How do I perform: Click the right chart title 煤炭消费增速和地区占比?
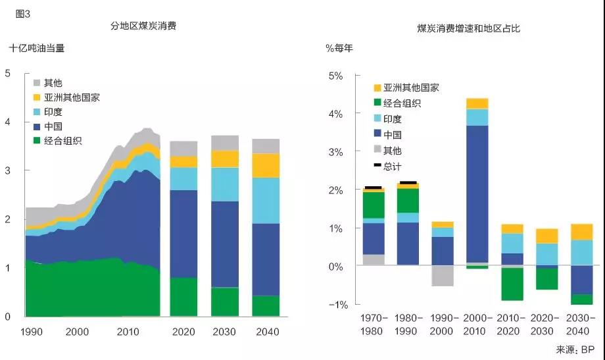click(x=469, y=28)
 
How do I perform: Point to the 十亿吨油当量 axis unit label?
click(x=37, y=48)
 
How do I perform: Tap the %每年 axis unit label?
click(x=340, y=48)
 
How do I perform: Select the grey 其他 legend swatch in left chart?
click(x=37, y=83)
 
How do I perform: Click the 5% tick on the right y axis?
click(x=335, y=76)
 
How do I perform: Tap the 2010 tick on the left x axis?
click(x=128, y=332)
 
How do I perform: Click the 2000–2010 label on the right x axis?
click(x=477, y=324)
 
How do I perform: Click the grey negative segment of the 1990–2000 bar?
click(x=443, y=276)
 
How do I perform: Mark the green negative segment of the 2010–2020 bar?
click(x=512, y=284)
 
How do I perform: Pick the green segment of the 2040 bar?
click(x=266, y=306)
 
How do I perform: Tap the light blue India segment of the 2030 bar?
click(x=225, y=184)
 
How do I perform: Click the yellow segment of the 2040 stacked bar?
click(x=266, y=166)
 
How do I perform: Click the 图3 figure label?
click(x=22, y=13)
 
